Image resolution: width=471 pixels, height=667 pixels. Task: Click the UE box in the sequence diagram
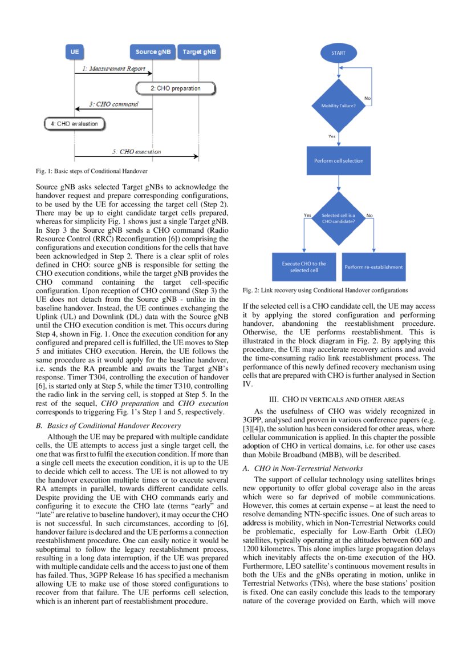pos(74,52)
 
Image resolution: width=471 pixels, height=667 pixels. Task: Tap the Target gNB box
pos(199,52)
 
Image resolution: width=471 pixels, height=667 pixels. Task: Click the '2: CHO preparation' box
pos(176,88)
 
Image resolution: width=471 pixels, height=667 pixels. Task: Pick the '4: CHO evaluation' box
pos(74,123)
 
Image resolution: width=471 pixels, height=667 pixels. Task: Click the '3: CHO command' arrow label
pos(113,104)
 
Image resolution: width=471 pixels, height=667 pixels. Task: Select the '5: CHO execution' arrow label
pos(136,152)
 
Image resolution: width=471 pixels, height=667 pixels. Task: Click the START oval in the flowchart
pos(339,52)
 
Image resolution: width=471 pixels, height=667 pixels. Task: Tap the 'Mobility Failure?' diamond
pos(339,106)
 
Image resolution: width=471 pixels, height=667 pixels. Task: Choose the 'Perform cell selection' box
pos(339,160)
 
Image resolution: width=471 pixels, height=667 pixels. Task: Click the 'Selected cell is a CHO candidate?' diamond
pos(339,219)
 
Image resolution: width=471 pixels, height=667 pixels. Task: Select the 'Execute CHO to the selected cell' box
pos(304,266)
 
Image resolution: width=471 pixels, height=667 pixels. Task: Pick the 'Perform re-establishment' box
pos(373,266)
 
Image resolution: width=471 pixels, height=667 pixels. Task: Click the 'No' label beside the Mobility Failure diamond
pos(368,99)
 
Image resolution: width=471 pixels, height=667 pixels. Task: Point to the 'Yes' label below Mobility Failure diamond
pos(332,136)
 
